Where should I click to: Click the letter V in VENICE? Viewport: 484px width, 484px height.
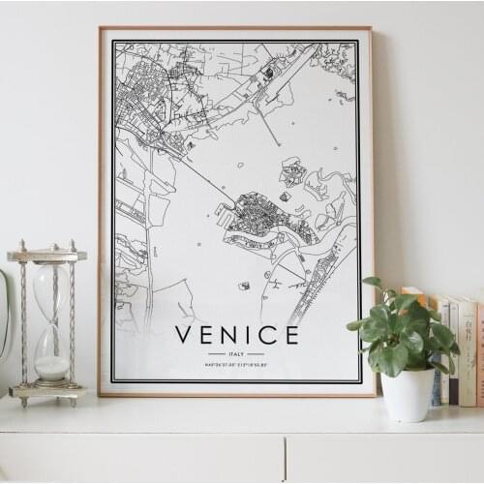[x=182, y=336]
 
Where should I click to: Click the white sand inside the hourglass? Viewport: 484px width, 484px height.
[x=51, y=366]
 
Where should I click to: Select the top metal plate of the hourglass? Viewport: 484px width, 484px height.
[x=46, y=256]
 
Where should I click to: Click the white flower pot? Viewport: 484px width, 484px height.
[x=408, y=394]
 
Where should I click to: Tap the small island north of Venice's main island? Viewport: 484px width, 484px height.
[x=292, y=172]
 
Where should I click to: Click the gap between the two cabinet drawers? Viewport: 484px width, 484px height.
[x=285, y=458]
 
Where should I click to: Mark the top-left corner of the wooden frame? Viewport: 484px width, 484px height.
[x=101, y=29]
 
